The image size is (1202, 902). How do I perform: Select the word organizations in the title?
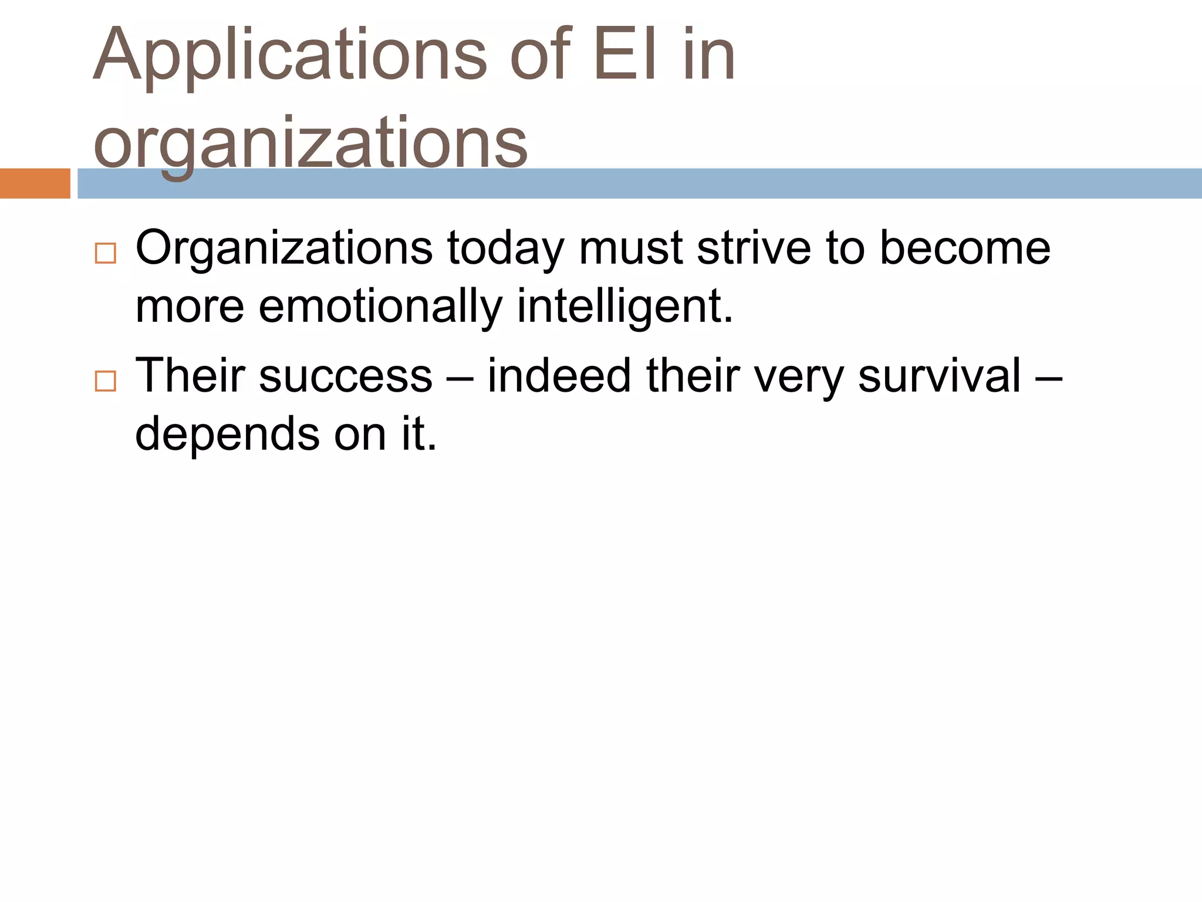tap(310, 144)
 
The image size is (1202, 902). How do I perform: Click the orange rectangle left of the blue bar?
tap(35, 183)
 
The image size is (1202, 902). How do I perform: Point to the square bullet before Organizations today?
tap(106, 253)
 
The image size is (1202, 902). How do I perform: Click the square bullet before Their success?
tap(106, 381)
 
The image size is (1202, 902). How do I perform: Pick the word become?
tap(965, 248)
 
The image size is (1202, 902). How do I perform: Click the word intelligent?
tap(624, 307)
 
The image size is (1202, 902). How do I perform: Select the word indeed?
tap(560, 375)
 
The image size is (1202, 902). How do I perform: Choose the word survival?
tap(940, 375)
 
